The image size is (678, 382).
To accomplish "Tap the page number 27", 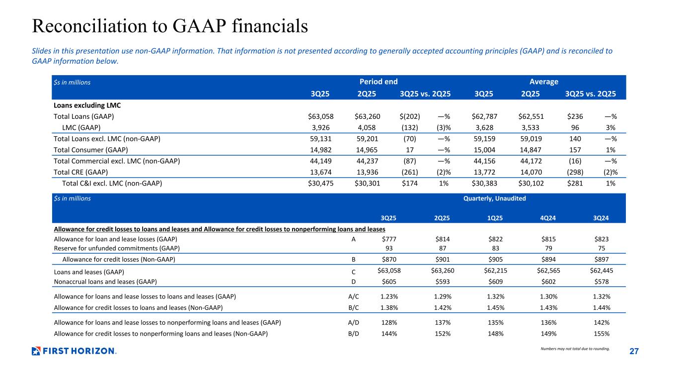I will (x=633, y=352).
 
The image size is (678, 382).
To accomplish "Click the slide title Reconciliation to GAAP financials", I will (x=169, y=26).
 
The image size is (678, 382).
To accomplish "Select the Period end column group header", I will (x=378, y=82).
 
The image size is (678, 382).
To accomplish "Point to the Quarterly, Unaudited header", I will (x=494, y=198).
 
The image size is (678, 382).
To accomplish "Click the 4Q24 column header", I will (x=546, y=217).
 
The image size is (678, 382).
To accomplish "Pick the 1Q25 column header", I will (x=495, y=217).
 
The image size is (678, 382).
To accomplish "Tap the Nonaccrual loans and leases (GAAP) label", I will (x=105, y=282).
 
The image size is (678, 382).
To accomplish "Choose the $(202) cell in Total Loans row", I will (x=410, y=116).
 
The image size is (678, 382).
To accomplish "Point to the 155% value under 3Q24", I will (x=602, y=334).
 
